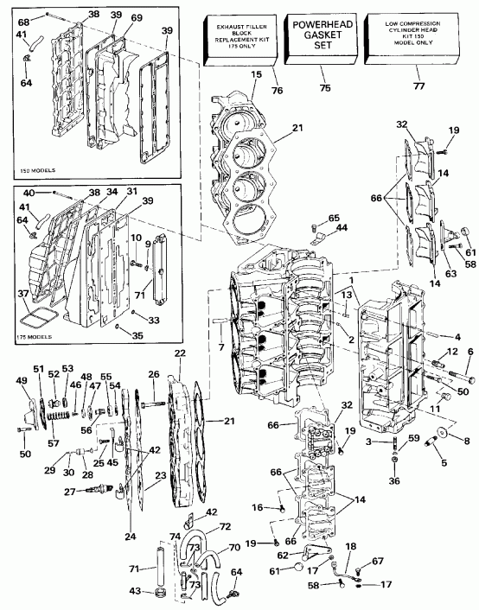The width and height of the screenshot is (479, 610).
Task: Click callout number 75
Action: [x=325, y=87]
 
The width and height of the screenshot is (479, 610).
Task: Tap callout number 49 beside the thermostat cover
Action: [x=22, y=381]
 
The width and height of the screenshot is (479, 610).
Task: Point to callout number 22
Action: [x=180, y=353]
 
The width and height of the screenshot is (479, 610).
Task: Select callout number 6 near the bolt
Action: [x=470, y=352]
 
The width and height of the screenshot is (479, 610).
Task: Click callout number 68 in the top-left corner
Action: [x=23, y=19]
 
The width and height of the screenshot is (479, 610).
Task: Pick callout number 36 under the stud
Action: [x=395, y=481]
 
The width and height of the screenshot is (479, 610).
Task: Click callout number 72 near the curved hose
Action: [x=224, y=526]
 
